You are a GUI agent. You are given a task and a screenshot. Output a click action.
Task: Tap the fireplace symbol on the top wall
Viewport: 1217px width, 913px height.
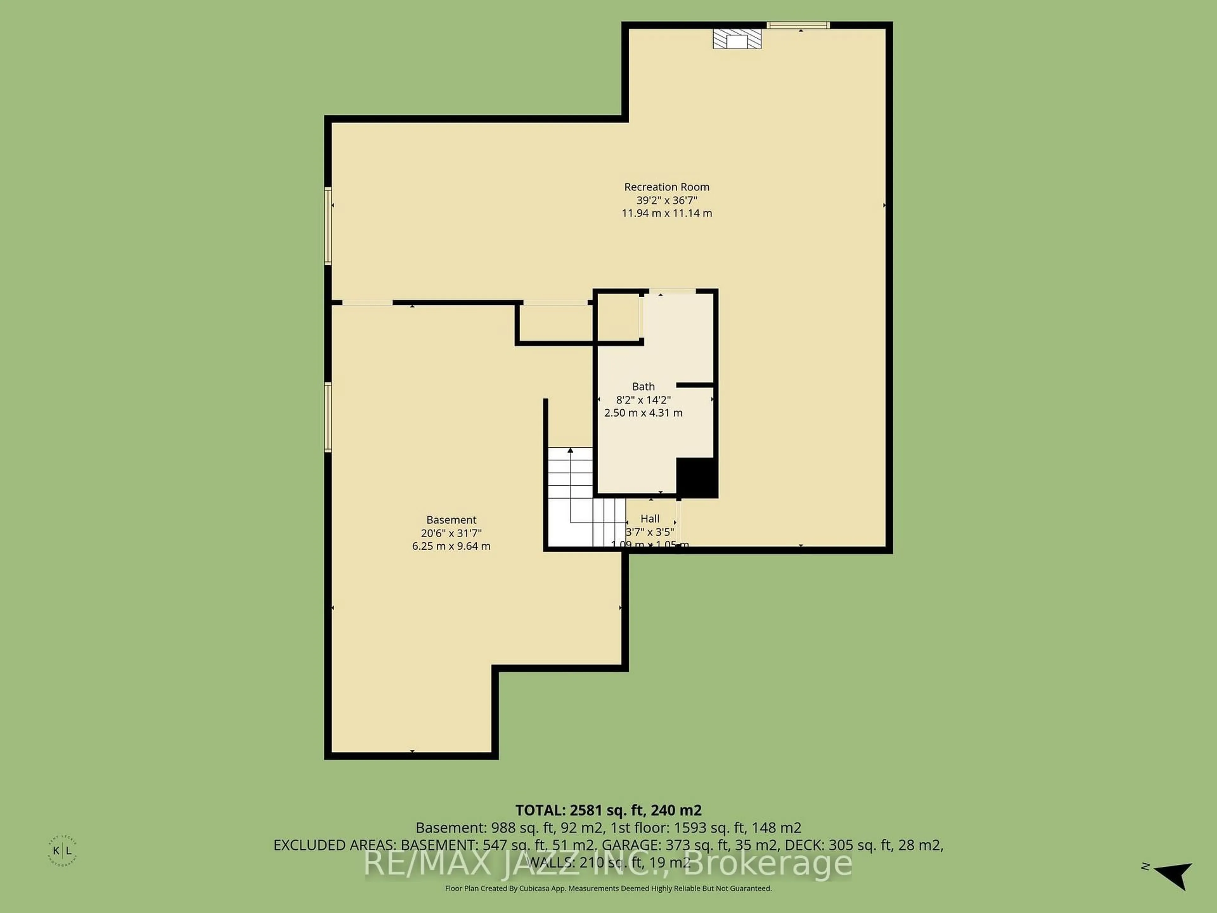[737, 39]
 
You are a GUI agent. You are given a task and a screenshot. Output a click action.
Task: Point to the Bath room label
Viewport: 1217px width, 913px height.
[643, 386]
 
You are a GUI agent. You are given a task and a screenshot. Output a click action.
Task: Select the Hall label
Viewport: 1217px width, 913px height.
[650, 518]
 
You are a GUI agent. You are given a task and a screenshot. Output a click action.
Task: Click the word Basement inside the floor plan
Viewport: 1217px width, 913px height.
[451, 520]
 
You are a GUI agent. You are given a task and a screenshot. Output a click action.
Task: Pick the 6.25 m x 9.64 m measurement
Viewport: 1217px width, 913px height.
[451, 546]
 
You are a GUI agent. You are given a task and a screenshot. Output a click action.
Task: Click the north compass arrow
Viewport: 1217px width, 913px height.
[1174, 875]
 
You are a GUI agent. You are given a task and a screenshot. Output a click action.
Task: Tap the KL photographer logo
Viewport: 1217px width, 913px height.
[62, 851]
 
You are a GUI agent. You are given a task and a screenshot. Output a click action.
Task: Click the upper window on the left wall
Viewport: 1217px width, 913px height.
[328, 226]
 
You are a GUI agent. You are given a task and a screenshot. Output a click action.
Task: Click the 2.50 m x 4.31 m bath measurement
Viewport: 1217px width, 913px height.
[643, 413]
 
